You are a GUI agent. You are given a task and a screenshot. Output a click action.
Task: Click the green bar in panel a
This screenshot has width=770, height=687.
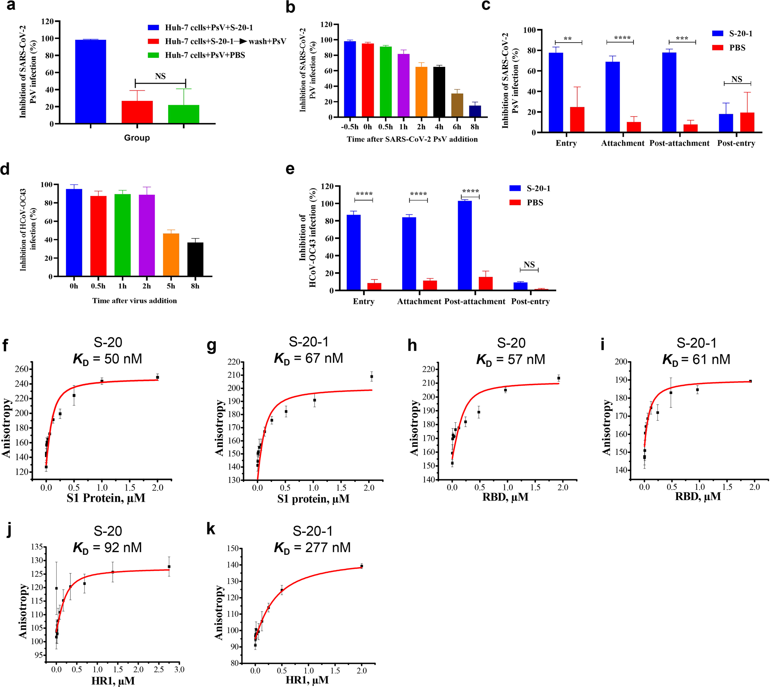183,114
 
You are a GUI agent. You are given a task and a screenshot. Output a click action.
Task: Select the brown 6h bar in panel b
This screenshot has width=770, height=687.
457,105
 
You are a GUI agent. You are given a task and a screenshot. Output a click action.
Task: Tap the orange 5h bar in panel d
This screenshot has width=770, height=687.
171,255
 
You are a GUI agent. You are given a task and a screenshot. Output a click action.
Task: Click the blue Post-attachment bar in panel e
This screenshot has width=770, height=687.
464,246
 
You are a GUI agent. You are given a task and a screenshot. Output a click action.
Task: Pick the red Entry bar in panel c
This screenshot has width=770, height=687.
577,120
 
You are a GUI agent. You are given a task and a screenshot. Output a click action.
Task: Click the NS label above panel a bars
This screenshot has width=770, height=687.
160,76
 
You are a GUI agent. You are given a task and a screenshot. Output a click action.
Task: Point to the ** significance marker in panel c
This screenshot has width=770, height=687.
568,39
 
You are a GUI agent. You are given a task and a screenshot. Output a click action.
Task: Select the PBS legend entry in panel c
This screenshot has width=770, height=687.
729,48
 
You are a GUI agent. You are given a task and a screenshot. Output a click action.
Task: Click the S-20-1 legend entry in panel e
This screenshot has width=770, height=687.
530,188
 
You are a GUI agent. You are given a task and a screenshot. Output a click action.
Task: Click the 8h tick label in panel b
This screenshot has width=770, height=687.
475,127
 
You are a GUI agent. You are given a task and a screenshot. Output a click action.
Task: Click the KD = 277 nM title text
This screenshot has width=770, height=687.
312,548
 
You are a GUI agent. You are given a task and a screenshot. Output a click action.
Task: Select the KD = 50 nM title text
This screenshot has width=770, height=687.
107,359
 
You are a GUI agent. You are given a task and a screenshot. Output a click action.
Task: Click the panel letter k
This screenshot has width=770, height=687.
211,529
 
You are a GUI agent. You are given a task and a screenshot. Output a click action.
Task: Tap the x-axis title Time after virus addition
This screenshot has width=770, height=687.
134,301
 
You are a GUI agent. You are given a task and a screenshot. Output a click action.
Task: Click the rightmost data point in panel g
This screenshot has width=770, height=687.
371,377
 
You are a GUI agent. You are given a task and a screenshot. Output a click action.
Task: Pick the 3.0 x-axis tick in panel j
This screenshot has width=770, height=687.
179,669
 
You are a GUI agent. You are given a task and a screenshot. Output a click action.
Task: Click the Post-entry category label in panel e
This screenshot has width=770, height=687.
530,301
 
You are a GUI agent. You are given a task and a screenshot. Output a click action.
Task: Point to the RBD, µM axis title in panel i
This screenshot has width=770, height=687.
698,497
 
